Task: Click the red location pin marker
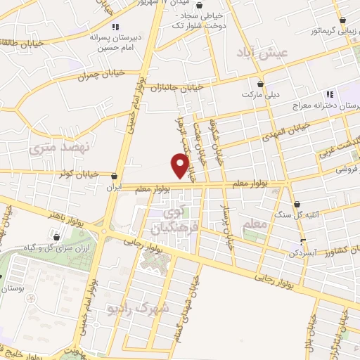(181, 166)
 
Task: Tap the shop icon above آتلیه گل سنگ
(296, 204)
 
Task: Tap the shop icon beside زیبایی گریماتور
(342, 20)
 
